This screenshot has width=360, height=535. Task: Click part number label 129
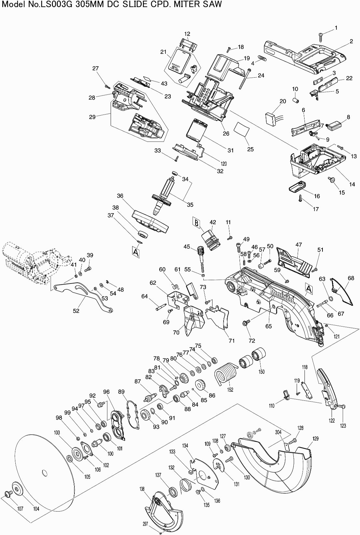(x=315, y=438)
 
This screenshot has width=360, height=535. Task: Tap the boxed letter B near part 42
(x=196, y=223)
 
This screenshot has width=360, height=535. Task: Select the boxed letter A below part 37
(x=136, y=250)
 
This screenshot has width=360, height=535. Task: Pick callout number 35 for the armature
(x=190, y=205)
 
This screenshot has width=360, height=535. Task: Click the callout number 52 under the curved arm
(x=76, y=311)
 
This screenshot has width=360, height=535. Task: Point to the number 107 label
(x=20, y=518)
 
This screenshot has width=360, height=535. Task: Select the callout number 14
(x=352, y=184)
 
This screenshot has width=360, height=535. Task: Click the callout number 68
(x=351, y=278)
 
